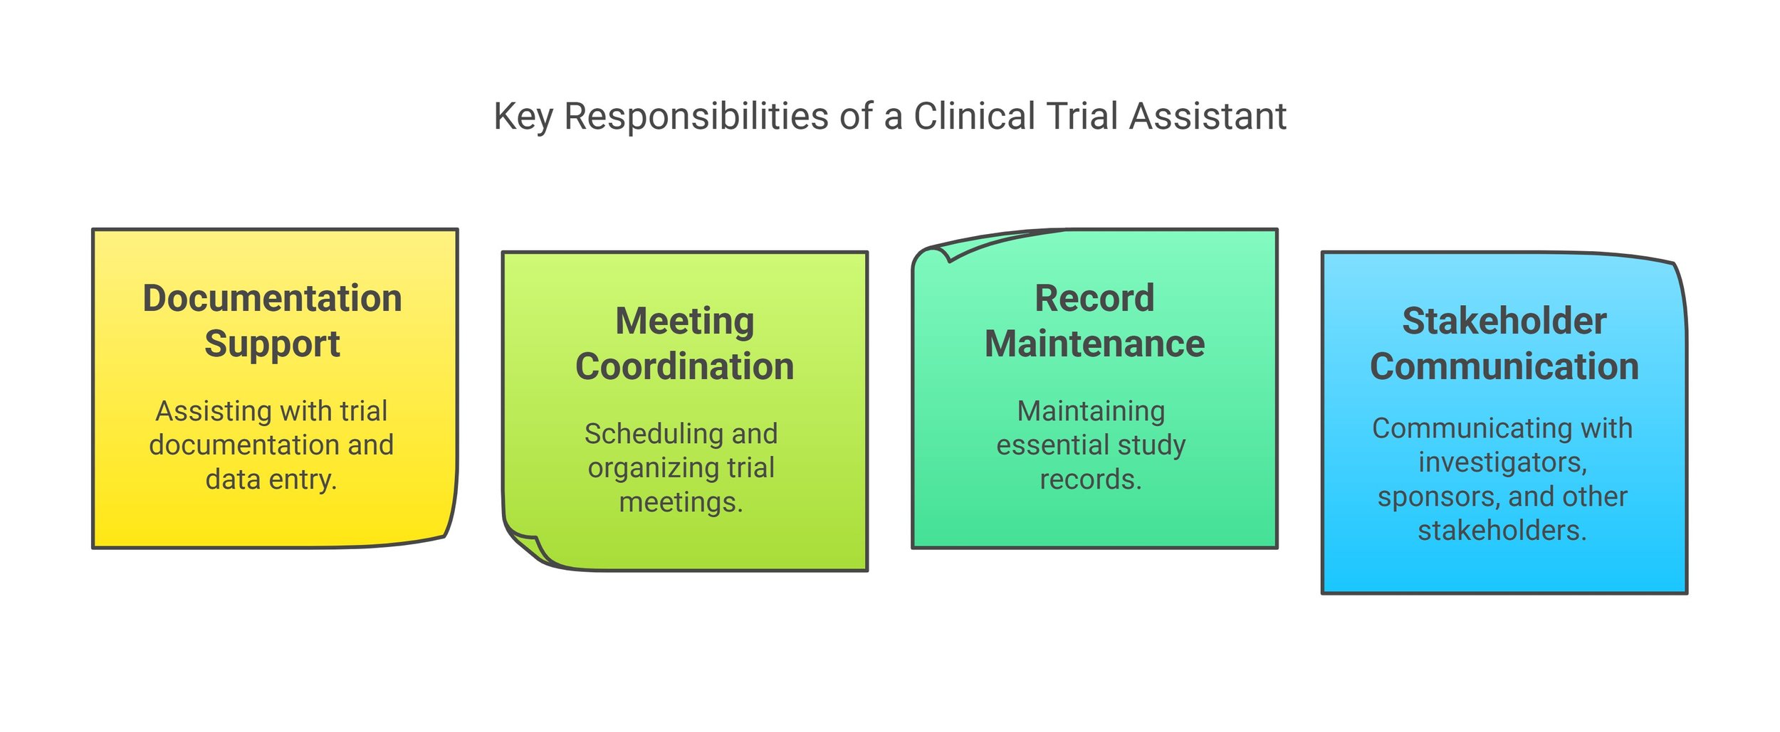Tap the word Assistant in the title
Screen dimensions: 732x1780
click(x=1208, y=116)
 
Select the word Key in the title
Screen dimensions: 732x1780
click(x=523, y=117)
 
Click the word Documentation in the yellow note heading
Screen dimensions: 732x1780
click(x=272, y=298)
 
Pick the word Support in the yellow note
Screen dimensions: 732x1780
click(x=272, y=344)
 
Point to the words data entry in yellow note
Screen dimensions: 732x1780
click(x=271, y=479)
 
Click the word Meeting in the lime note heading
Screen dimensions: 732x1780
click(x=684, y=321)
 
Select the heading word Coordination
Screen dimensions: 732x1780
click(x=684, y=367)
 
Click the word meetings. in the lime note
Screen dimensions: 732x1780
click(x=681, y=502)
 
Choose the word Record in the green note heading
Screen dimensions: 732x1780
click(x=1094, y=298)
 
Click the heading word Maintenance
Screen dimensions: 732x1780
click(x=1094, y=344)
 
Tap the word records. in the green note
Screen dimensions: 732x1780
click(x=1091, y=479)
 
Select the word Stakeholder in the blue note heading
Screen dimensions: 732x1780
click(x=1504, y=321)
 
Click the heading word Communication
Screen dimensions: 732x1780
click(x=1504, y=367)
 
